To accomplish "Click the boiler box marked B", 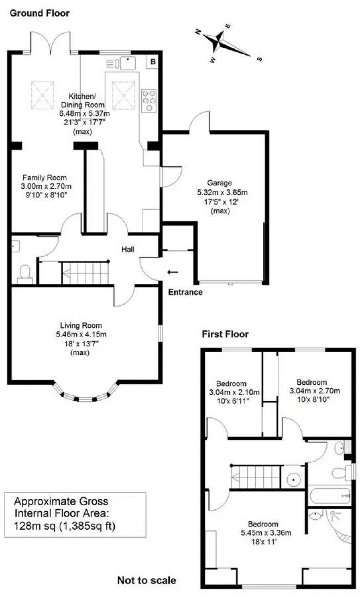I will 153,62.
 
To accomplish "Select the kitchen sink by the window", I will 128,63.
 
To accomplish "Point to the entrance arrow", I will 173,272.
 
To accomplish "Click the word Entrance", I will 185,292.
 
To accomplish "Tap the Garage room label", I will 220,183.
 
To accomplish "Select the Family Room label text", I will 44,177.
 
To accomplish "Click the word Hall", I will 128,249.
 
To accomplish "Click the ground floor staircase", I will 85,273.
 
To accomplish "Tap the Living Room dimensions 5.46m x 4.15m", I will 81,334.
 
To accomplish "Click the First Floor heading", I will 225,334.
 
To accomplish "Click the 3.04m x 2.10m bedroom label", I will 234,392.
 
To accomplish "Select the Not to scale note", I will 146,580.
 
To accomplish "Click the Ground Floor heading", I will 40,13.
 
